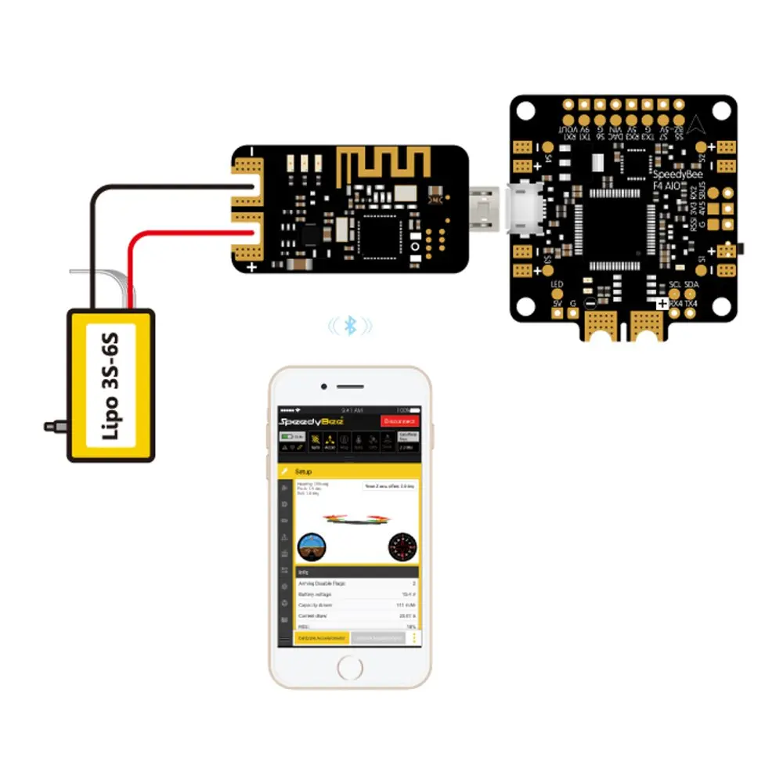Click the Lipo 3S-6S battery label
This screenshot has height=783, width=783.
click(110, 385)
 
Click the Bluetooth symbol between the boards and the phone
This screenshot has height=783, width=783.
click(350, 325)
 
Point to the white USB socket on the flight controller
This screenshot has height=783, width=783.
click(525, 210)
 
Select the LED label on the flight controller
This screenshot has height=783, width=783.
click(557, 284)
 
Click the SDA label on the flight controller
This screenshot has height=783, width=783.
click(692, 284)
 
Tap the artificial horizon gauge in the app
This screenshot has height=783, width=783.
click(313, 547)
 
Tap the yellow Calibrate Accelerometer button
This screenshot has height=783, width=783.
click(322, 638)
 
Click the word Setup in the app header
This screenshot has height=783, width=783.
click(304, 472)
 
